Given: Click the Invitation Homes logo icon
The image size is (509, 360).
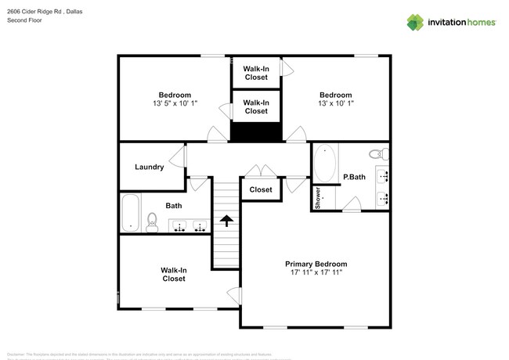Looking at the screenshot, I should (416, 22).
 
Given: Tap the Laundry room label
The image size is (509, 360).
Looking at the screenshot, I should (149, 167).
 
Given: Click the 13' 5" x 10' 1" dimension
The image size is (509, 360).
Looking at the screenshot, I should (175, 103).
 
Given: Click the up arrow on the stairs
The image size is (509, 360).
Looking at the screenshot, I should (226, 221).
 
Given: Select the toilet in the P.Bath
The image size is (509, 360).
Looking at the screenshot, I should (379, 153).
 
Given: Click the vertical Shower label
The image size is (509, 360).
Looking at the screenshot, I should (319, 197).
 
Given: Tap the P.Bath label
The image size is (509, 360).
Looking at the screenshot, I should (355, 178).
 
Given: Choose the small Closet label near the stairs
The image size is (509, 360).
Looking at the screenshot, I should (261, 189).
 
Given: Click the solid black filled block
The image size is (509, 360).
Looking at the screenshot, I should (256, 133).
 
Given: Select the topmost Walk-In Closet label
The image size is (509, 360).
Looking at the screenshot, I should (256, 73).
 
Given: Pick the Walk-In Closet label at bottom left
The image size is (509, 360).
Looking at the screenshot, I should (173, 274).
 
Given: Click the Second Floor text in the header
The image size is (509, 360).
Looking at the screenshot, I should (24, 21).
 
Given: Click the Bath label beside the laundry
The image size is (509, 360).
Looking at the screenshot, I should (174, 206).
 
